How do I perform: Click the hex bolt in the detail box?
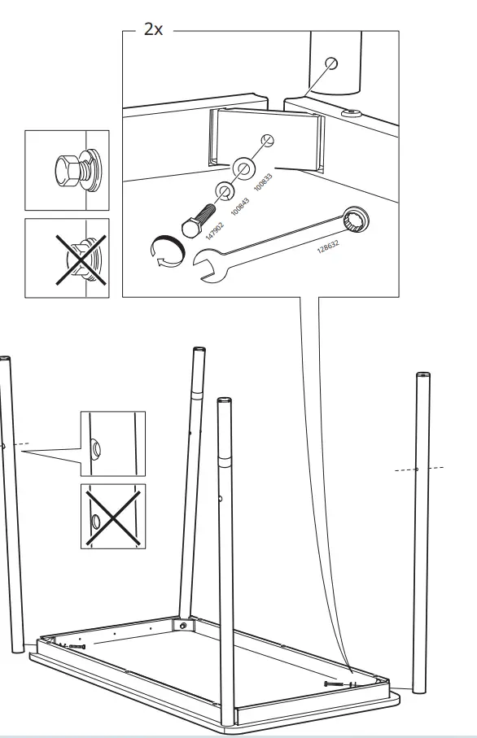tap(198, 218)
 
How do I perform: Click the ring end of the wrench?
tap(356, 217)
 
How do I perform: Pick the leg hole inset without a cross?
tap(112, 443)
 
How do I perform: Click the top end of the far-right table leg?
tap(422, 376)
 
